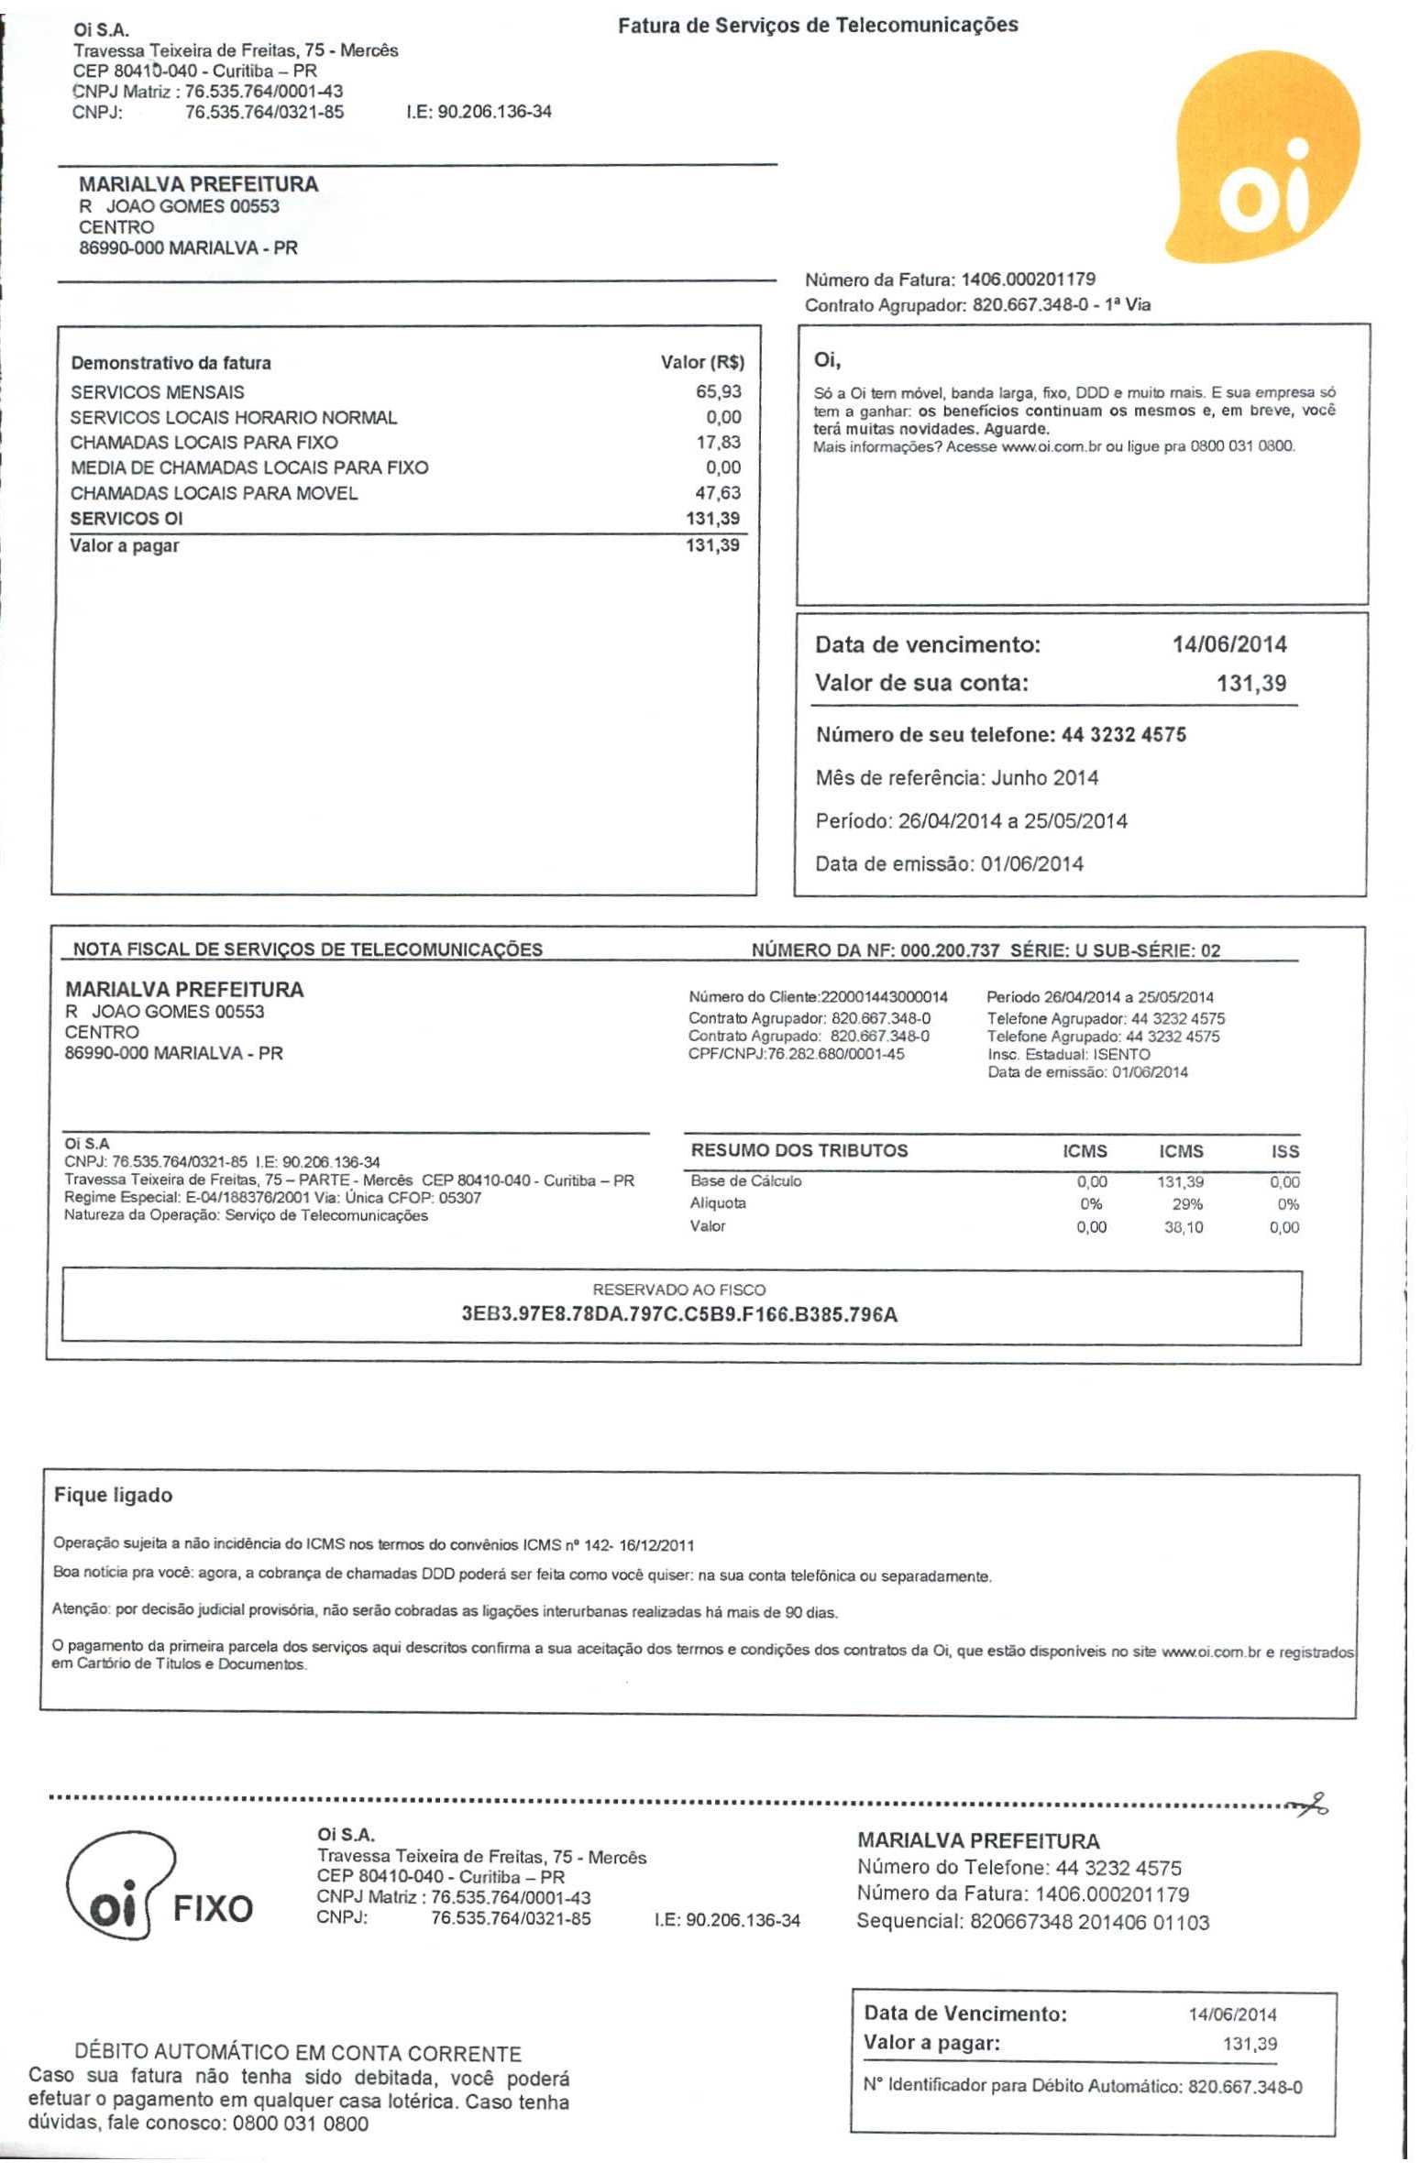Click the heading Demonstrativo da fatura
click(171, 363)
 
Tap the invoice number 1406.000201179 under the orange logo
click(1028, 280)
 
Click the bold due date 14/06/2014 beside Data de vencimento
click(1228, 645)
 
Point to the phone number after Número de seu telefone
click(1123, 735)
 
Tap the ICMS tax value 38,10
click(1184, 1227)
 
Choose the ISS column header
click(1285, 1152)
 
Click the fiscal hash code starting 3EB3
click(679, 1315)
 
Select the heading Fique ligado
click(113, 1496)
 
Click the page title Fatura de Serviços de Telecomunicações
click(818, 25)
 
